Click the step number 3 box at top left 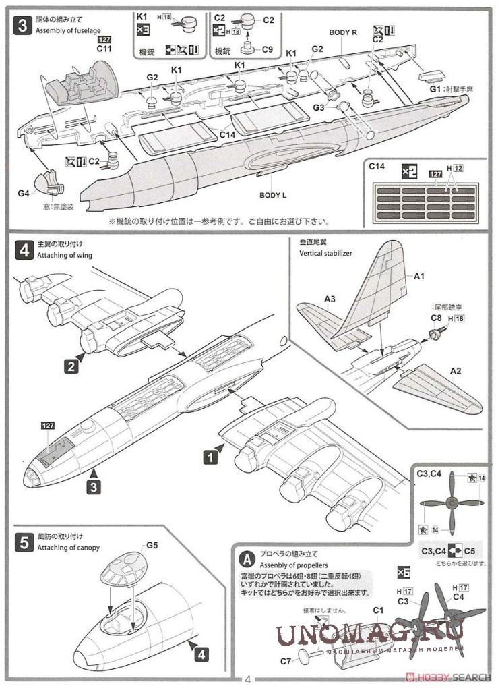click(23, 26)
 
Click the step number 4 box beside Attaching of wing click(23, 251)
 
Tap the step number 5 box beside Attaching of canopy click(23, 543)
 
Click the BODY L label click(273, 195)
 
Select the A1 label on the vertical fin click(418, 276)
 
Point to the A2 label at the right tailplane click(456, 370)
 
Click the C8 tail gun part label click(436, 318)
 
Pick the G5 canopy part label click(152, 545)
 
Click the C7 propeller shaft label click(285, 661)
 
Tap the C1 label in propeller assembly click(378, 611)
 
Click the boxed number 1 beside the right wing click(211, 457)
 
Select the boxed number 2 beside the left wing click(70, 367)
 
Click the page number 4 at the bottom click(248, 679)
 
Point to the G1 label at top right click(434, 88)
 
